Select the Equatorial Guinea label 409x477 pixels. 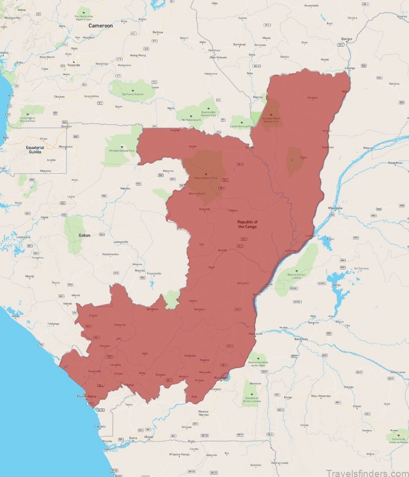coord(35,149)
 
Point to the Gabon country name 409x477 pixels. coord(84,235)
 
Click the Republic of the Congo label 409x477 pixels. coord(247,224)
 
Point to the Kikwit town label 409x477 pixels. coord(357,406)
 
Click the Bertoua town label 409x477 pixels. coord(157,32)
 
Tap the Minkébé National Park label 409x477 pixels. coord(122,151)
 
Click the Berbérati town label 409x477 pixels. coord(239,44)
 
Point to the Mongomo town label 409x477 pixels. coord(65,147)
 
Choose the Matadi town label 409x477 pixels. coord(149,438)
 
